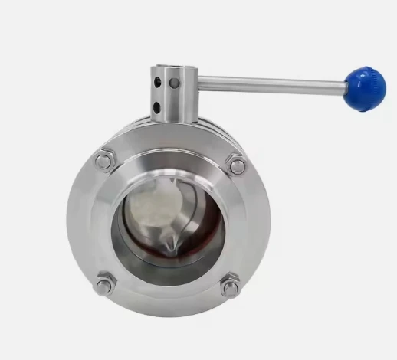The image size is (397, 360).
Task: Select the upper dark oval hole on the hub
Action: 159,80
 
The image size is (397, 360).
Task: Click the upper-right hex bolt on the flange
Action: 237,165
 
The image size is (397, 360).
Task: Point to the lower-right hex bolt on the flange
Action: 229,288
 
